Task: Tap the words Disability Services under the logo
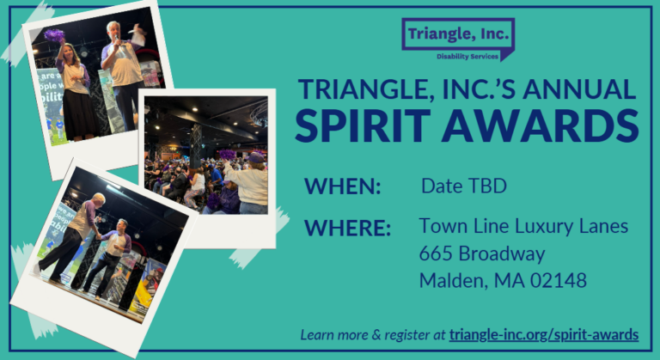tap(467, 57)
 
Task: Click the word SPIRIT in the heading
tap(363, 126)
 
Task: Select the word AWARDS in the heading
tap(540, 126)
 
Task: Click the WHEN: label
tap(342, 186)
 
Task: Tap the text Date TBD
tap(464, 186)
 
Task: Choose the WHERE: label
tap(348, 228)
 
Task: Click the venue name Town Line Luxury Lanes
tap(523, 227)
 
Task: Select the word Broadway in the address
tap(502, 254)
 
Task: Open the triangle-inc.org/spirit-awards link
tap(544, 335)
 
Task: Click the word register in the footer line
tap(406, 335)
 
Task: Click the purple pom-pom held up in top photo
tap(54, 35)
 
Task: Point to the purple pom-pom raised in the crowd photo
tap(227, 155)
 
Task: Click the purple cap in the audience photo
tap(255, 157)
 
